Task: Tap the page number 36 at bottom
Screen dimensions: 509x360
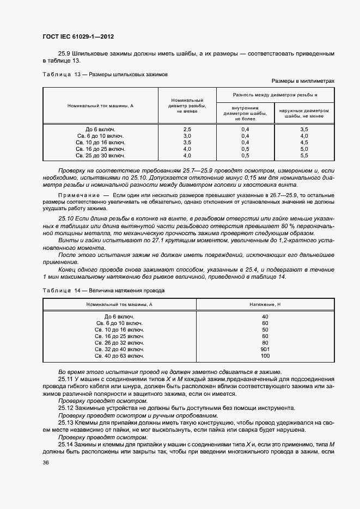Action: coord(45,463)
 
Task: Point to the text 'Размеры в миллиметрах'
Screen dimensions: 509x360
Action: coord(303,80)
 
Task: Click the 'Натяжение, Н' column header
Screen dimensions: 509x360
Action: coord(265,304)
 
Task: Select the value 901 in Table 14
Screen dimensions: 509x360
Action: coord(265,349)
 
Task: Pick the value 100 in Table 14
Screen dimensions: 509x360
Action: coord(265,355)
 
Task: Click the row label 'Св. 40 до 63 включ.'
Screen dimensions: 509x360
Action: coord(119,355)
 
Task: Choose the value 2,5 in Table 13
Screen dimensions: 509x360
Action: coord(187,128)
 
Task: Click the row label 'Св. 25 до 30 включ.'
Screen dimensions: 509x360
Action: coord(101,155)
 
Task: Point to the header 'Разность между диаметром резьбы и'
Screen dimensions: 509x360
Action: coord(275,94)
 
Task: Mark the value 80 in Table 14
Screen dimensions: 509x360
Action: coord(265,342)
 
